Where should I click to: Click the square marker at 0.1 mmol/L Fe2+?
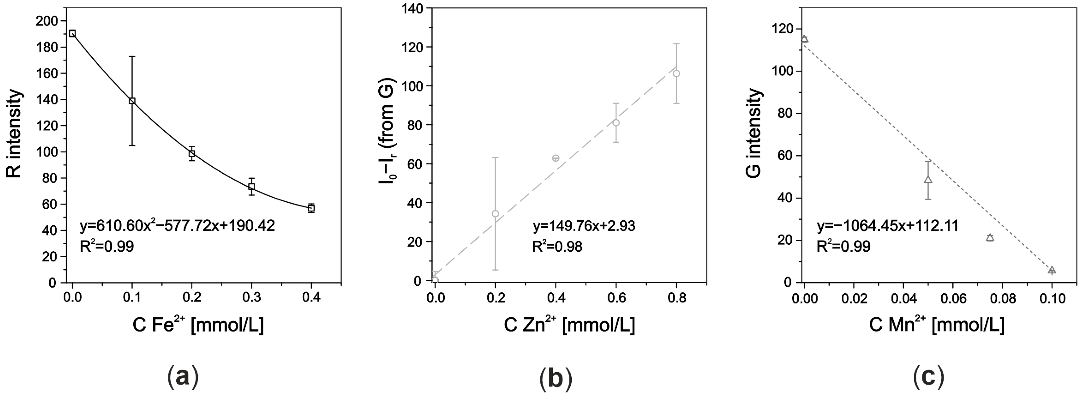pyautogui.click(x=132, y=101)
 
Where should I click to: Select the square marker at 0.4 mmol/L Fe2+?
pyautogui.click(x=311, y=208)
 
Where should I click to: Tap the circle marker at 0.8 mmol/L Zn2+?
pyautogui.click(x=676, y=74)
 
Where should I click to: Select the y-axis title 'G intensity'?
pyautogui.click(x=754, y=134)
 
